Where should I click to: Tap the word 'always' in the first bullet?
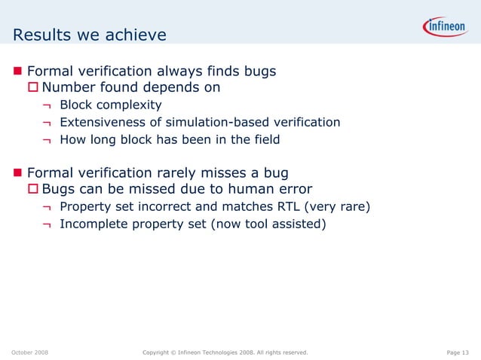point(183,72)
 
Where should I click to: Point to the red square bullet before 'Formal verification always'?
point(18,72)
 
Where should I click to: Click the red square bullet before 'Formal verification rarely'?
point(18,173)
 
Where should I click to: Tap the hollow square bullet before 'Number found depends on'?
point(33,88)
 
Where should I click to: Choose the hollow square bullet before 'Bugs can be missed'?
point(33,189)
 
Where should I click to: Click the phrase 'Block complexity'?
point(111,105)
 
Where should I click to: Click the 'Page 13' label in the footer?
point(458,352)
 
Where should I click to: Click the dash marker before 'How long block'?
point(47,139)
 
